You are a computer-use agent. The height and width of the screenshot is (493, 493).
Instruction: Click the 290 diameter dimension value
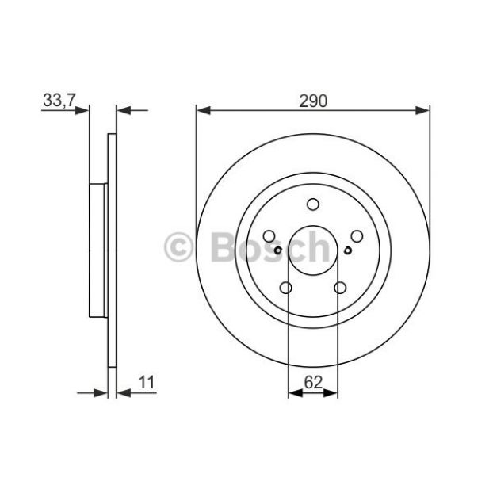tap(313, 101)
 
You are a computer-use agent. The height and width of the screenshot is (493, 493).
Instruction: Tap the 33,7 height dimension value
tap(59, 101)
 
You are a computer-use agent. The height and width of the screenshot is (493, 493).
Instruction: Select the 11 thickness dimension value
tap(147, 382)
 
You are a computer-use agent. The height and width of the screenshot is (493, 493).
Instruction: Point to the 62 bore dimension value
tap(313, 382)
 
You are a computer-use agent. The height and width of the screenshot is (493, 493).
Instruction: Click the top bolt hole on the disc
tap(313, 204)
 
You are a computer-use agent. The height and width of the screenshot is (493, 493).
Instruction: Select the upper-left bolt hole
tap(269, 236)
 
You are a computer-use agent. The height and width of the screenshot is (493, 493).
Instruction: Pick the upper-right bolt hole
tap(357, 236)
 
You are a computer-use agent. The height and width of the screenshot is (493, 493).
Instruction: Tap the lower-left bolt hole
tap(286, 288)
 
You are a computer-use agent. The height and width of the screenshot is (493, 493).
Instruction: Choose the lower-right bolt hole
tap(340, 288)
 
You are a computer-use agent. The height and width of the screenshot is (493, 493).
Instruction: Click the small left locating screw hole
tap(278, 250)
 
